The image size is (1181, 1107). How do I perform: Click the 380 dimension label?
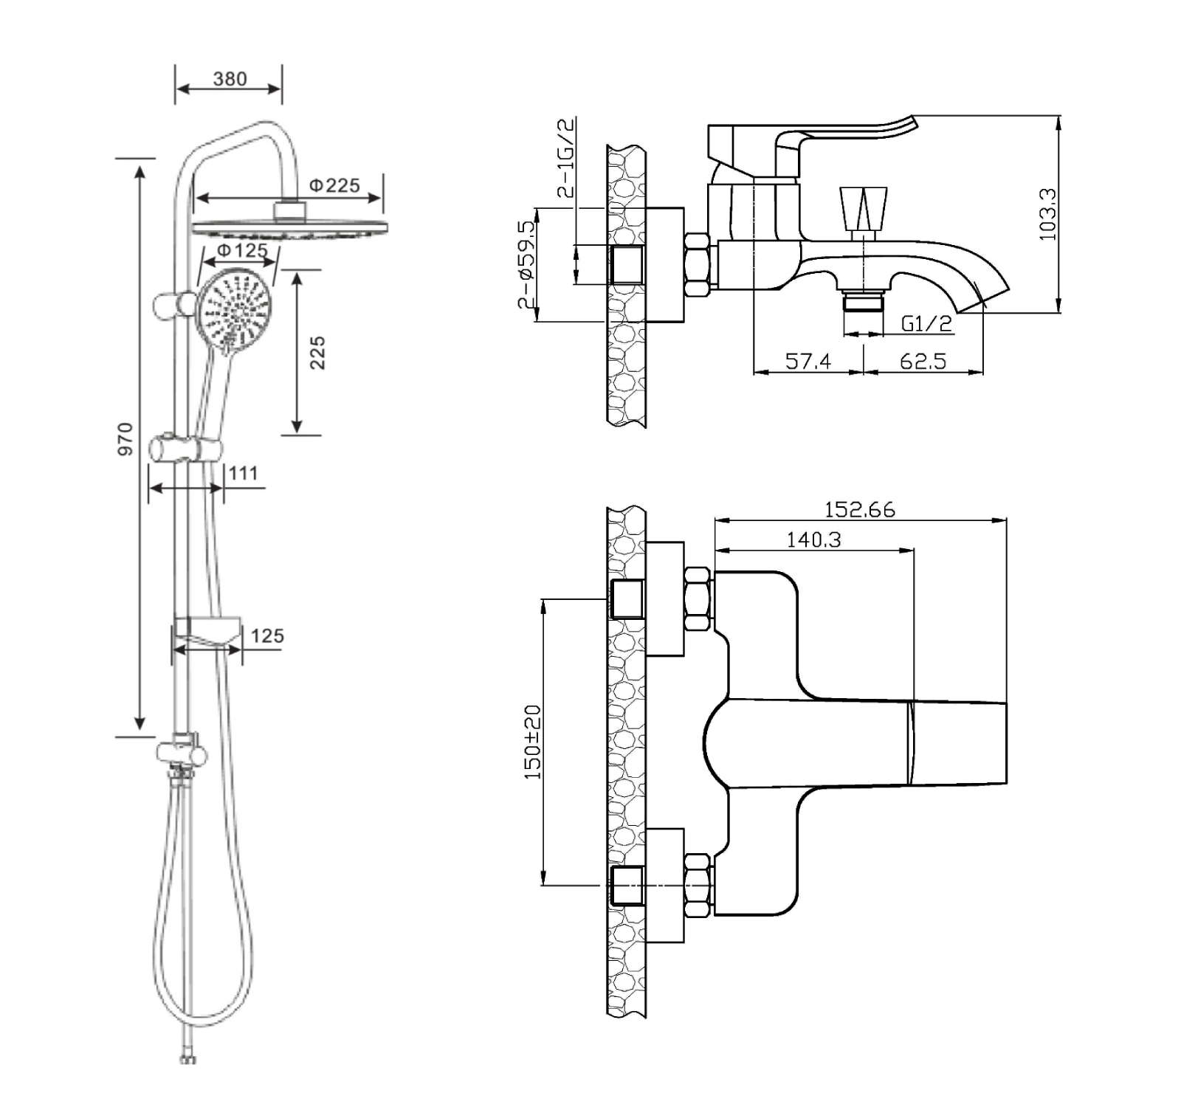(230, 79)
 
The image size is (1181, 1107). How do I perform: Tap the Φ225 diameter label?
(334, 184)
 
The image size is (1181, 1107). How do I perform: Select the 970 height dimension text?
(126, 438)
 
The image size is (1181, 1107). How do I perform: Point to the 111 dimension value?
(244, 472)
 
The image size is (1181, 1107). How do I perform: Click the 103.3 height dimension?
(1047, 214)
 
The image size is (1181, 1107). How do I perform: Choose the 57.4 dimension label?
(808, 361)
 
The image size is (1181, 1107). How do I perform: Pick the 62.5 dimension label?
(923, 361)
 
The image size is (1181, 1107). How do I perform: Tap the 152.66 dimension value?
(859, 509)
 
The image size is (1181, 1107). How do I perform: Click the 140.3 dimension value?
(813, 539)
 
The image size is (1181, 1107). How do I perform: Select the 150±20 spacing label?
(532, 742)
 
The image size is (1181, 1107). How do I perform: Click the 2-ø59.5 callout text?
(526, 264)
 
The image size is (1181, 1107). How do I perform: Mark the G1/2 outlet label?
(926, 323)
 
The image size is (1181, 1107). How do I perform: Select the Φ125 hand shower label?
(242, 250)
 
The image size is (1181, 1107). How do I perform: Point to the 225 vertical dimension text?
(317, 352)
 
